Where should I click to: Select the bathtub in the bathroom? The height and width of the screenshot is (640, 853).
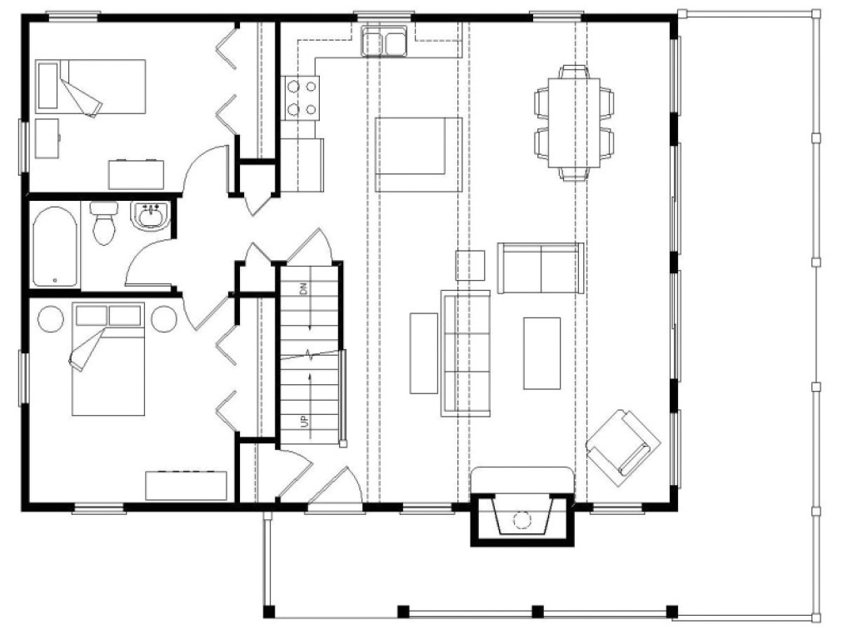55,247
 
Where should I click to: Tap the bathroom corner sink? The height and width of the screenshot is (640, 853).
151,217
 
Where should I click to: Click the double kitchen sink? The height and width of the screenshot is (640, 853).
383,42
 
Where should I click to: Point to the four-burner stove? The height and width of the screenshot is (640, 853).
301,97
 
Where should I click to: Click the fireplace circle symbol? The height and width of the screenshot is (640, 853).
521,518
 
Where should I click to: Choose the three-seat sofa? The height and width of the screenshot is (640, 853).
465,352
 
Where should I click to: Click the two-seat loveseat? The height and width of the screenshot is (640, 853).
540,267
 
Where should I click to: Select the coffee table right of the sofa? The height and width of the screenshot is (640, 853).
541,352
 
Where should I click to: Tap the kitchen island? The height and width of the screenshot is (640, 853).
418,155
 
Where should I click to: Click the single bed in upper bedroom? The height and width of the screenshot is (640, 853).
91,87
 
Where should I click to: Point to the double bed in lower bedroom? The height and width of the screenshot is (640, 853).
108,358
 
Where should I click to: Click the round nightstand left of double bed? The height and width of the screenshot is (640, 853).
49,319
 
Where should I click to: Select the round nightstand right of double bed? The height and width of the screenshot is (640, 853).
164,319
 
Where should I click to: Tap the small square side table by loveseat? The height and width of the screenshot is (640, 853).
471,265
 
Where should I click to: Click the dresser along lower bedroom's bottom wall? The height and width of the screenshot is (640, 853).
186,485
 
